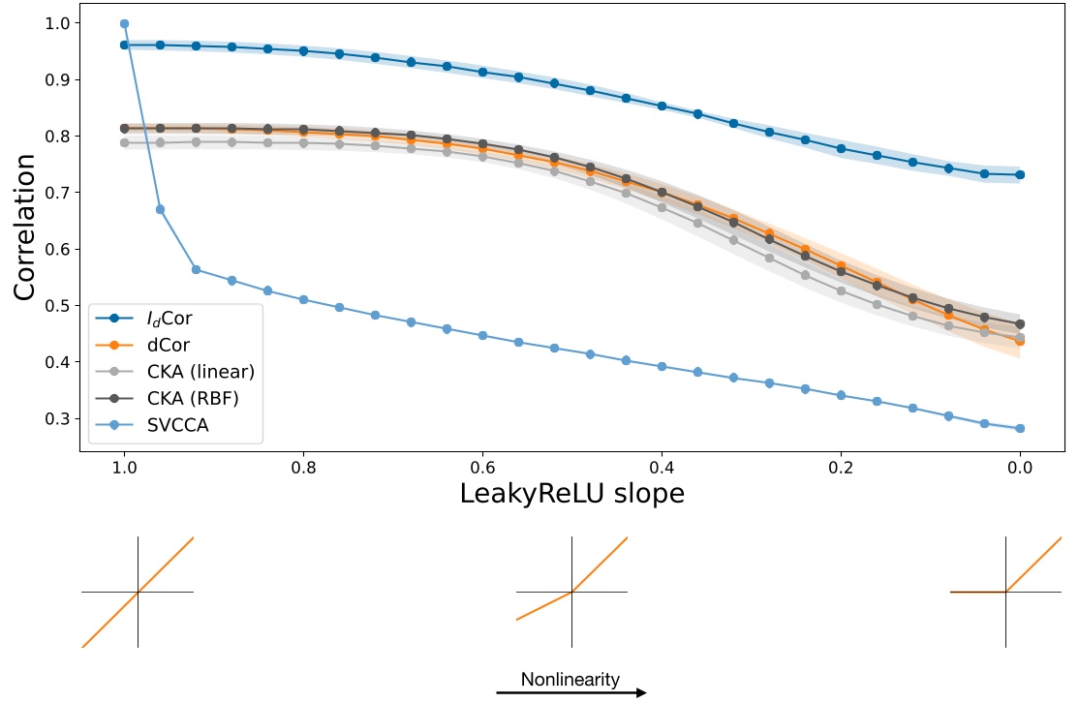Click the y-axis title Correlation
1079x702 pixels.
point(25,228)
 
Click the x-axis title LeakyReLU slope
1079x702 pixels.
point(571,494)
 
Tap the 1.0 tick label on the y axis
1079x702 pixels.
point(57,23)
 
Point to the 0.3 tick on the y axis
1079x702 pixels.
point(57,418)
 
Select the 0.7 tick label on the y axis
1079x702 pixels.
point(57,193)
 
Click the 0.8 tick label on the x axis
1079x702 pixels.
point(303,468)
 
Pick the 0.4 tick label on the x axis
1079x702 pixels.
point(662,468)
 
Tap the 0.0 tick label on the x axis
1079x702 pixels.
point(1020,468)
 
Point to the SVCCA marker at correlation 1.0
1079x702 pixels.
point(125,24)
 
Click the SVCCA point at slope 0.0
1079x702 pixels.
point(1020,428)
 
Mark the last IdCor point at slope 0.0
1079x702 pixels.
point(1020,175)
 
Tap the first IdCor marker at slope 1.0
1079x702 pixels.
point(125,46)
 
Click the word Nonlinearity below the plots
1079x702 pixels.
point(570,680)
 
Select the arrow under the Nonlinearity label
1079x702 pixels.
point(571,692)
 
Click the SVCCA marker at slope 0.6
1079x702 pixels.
point(483,336)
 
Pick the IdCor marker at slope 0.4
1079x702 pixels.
point(662,106)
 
